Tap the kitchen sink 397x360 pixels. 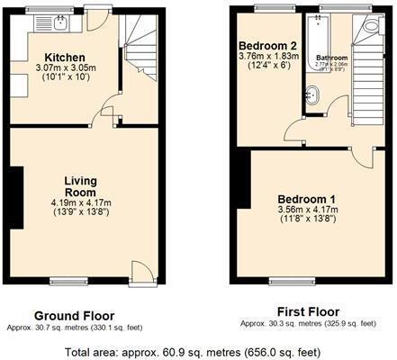pos(60,19)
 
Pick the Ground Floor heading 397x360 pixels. pos(74,316)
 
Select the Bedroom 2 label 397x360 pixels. pos(266,45)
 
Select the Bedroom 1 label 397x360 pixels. pos(306,199)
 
